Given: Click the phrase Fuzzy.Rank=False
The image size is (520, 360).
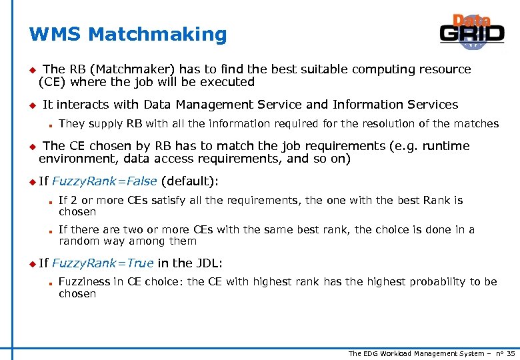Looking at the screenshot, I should (105, 181).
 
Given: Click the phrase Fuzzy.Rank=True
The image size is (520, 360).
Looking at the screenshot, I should (103, 263).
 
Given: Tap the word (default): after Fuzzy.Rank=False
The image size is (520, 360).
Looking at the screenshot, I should (190, 181).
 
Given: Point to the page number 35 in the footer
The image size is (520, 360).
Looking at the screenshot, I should (511, 353).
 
